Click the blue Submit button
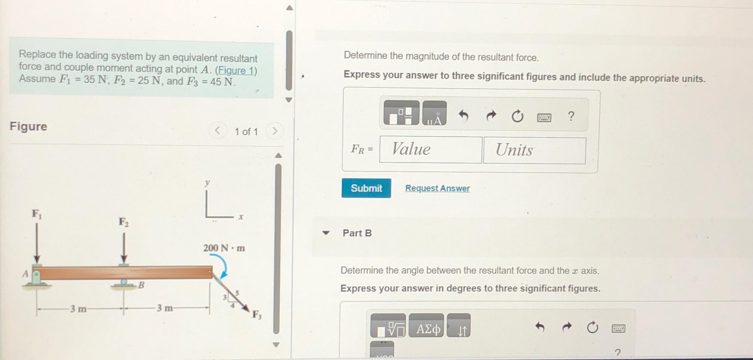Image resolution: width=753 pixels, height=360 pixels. (x=366, y=188)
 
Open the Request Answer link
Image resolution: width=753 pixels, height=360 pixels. (x=437, y=188)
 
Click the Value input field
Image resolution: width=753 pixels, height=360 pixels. (x=430, y=150)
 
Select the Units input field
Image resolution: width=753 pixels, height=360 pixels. (x=534, y=150)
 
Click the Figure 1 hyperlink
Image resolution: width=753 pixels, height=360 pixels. (x=236, y=71)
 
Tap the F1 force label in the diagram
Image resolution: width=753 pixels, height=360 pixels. (x=36, y=214)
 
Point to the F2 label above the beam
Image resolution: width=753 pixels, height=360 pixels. (x=123, y=222)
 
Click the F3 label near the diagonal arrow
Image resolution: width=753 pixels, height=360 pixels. (x=257, y=315)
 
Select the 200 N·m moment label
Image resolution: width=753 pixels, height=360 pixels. (x=224, y=248)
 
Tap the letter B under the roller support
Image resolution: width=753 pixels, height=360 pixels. (x=141, y=285)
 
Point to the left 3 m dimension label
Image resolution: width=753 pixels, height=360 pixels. (x=78, y=309)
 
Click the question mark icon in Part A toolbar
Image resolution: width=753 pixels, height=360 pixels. (x=571, y=116)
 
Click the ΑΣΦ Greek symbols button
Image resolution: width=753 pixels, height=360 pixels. (x=426, y=328)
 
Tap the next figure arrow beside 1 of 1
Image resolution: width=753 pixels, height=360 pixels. (x=275, y=131)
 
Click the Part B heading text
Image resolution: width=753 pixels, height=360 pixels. (x=357, y=233)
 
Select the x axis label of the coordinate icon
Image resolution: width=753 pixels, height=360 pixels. (x=241, y=217)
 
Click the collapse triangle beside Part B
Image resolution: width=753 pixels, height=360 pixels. (x=325, y=233)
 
